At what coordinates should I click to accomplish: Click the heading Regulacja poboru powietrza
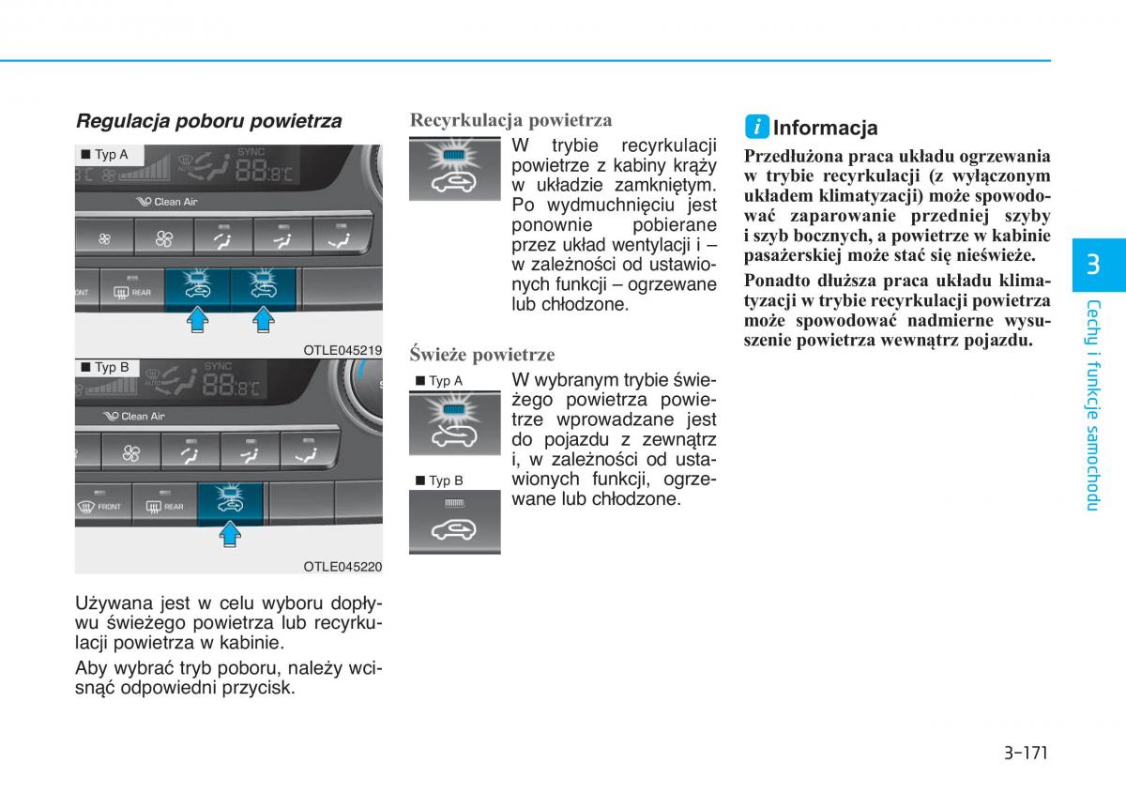(x=208, y=121)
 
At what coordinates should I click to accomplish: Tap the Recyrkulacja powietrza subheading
(x=510, y=120)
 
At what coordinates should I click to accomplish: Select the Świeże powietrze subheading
(x=481, y=355)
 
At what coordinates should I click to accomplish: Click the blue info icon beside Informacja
(x=757, y=127)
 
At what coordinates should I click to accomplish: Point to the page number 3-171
(x=1024, y=752)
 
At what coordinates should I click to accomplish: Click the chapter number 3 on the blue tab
(x=1092, y=264)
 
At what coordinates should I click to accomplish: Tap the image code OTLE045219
(x=342, y=351)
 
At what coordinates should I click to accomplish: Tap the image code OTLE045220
(x=342, y=567)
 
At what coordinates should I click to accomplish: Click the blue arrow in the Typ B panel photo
(x=230, y=536)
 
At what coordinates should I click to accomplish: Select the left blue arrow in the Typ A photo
(x=198, y=322)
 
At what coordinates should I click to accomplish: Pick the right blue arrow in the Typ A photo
(x=264, y=322)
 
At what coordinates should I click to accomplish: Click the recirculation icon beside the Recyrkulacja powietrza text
(x=454, y=169)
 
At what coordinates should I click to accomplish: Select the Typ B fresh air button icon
(x=454, y=521)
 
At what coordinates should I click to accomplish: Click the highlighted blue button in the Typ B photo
(x=230, y=503)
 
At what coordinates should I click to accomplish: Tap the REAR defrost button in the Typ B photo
(x=164, y=506)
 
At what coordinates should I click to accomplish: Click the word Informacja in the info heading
(x=826, y=128)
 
